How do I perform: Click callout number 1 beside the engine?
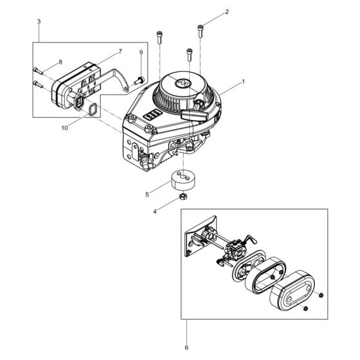(242, 82)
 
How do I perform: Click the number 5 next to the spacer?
(147, 193)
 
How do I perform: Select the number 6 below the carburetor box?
(186, 348)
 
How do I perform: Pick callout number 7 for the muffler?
(102, 51)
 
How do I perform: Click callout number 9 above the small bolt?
(141, 51)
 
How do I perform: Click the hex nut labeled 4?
(183, 198)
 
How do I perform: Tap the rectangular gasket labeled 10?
(93, 111)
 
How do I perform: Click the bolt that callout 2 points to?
(203, 29)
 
